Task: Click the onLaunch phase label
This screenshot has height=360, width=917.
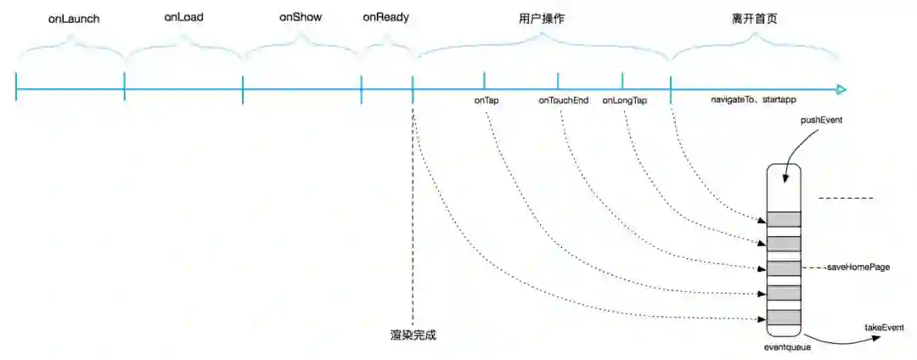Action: (x=70, y=18)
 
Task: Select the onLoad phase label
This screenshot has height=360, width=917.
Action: (x=183, y=17)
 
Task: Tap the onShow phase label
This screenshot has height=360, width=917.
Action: (x=301, y=17)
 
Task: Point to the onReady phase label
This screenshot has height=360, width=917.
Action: (x=386, y=16)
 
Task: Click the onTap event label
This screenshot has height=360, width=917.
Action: (x=487, y=100)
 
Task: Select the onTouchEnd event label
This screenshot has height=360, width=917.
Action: (x=564, y=100)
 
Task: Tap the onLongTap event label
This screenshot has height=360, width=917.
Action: (x=625, y=100)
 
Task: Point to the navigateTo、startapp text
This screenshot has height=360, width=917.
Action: (x=753, y=100)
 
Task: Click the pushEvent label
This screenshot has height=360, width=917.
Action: (x=821, y=121)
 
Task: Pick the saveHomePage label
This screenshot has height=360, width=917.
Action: (x=858, y=267)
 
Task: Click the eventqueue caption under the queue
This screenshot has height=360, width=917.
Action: (x=783, y=346)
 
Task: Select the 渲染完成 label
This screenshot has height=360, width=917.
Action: (x=413, y=335)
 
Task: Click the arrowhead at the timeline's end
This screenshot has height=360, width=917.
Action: (x=841, y=89)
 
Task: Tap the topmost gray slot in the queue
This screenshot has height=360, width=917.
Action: (x=784, y=219)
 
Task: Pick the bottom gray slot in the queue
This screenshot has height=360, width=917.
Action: (x=784, y=318)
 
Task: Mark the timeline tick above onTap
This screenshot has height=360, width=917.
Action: (x=485, y=82)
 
